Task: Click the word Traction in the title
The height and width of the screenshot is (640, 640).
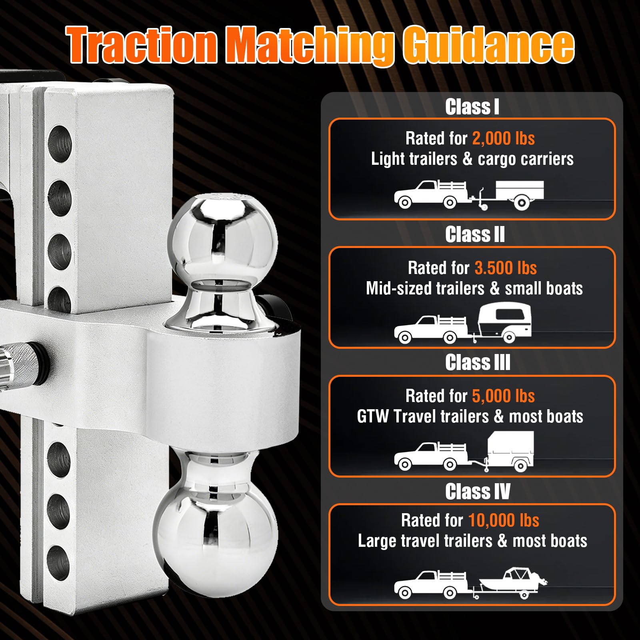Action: click(142, 45)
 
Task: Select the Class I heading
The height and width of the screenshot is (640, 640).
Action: click(472, 107)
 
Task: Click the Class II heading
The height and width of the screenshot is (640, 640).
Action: click(475, 234)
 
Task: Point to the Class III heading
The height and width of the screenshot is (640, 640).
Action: click(478, 362)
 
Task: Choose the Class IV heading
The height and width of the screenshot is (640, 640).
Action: click(478, 491)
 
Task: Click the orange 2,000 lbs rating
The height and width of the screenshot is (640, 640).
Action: click(503, 138)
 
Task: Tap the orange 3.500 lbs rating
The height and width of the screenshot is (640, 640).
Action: click(506, 268)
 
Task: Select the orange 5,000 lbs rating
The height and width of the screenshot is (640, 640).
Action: click(503, 396)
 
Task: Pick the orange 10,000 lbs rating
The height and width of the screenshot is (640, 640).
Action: click(504, 520)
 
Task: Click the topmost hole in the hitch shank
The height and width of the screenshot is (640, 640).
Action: click(60, 144)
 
